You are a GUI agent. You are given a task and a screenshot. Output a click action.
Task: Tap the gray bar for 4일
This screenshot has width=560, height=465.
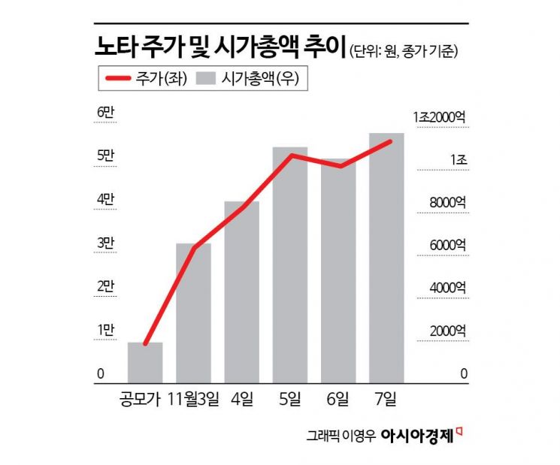[241, 292]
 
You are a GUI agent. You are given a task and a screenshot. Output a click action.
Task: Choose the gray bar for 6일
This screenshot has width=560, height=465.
[338, 271]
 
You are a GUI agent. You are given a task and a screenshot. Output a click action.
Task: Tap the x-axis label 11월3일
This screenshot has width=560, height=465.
[193, 396]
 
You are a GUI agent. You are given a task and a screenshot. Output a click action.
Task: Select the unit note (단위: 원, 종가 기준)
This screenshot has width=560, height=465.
[404, 51]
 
